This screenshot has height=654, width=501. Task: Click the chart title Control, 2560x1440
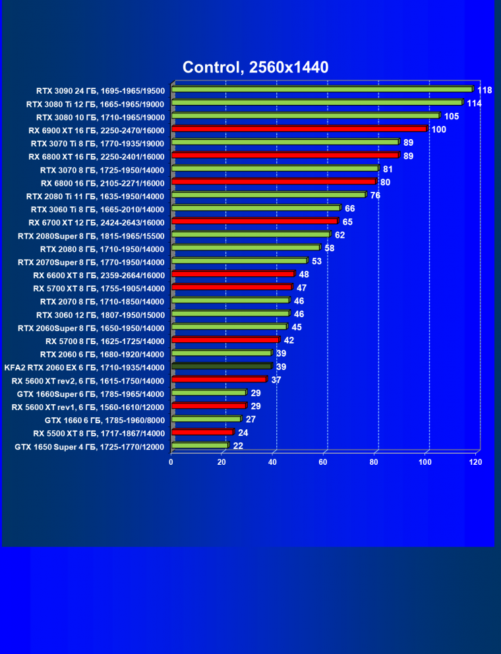(255, 67)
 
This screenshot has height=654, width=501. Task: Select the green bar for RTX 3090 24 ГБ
(322, 90)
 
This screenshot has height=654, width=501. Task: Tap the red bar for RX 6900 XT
(299, 129)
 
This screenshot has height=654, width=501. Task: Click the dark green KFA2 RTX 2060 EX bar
(221, 367)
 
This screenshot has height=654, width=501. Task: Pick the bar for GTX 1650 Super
(199, 446)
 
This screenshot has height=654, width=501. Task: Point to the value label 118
(485, 90)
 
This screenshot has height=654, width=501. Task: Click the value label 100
(439, 129)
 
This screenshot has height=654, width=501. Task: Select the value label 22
(238, 446)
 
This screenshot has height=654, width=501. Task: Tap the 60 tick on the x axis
(323, 462)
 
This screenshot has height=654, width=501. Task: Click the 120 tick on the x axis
(475, 462)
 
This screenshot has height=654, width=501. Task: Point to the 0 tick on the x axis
(171, 462)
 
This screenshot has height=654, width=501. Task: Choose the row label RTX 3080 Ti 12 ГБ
(96, 104)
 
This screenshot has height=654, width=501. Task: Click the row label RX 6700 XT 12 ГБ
(96, 222)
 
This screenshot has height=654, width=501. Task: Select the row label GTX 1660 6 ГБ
(104, 420)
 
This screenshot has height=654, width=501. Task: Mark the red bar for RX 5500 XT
(202, 432)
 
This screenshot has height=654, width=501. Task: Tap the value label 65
(347, 222)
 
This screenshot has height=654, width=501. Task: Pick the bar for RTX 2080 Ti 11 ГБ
(268, 195)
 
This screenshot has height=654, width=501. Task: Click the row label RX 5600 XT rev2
(88, 380)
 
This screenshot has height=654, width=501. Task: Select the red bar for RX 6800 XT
(285, 156)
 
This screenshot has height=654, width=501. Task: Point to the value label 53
(317, 262)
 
